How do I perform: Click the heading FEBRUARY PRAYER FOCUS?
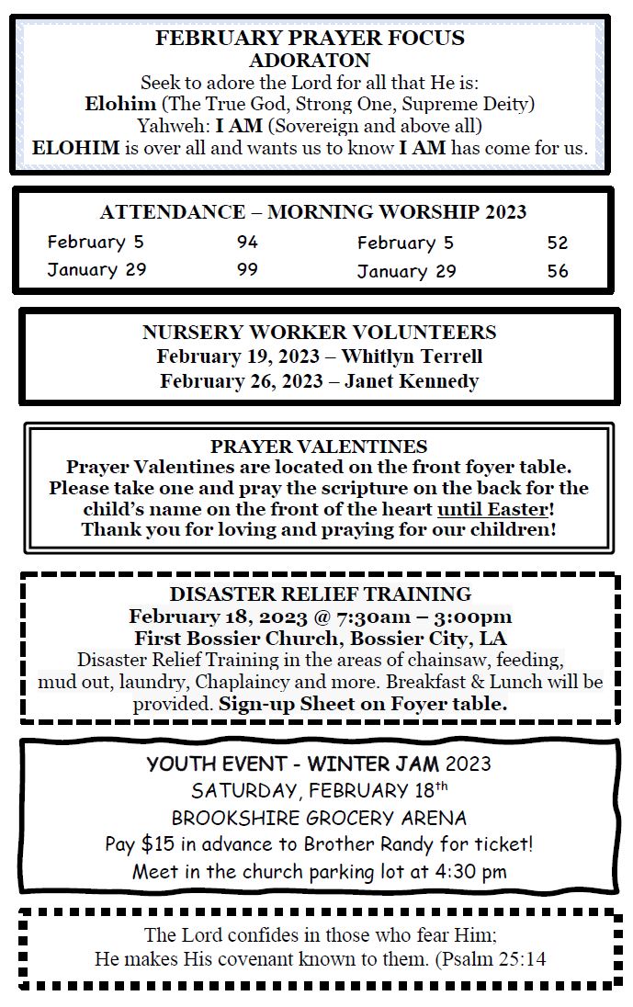click(310, 39)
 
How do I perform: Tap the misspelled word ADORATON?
click(310, 61)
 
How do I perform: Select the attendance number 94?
click(247, 243)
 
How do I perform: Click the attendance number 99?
click(247, 269)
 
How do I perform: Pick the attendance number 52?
click(558, 243)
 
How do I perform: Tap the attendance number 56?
click(558, 271)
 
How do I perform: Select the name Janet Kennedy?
click(412, 381)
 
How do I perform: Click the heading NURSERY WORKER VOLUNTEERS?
click(319, 332)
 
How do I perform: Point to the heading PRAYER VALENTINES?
click(319, 447)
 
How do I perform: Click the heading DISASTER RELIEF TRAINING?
click(320, 594)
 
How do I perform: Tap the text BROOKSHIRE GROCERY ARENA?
click(319, 818)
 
